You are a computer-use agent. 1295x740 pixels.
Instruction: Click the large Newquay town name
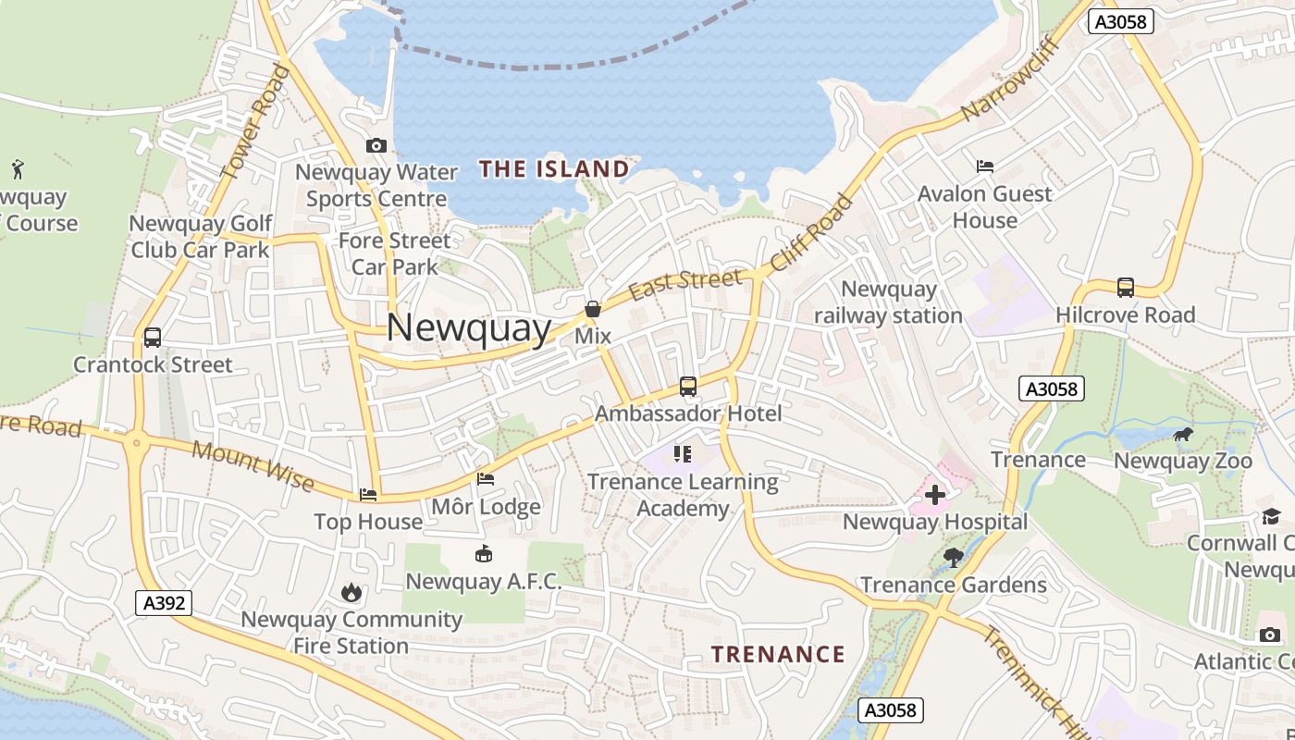[x=468, y=328]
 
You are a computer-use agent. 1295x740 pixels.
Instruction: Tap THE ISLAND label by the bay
[x=554, y=168]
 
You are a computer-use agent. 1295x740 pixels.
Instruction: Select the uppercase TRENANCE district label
[x=778, y=654]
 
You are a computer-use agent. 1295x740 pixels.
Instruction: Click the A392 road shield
[x=165, y=603]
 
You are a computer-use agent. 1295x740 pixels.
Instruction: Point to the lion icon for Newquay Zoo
[x=1182, y=434]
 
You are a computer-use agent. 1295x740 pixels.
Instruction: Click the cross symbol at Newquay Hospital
[x=935, y=495]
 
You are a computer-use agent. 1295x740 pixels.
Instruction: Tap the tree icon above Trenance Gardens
[x=953, y=557]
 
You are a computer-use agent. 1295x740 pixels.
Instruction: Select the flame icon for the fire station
[x=351, y=592]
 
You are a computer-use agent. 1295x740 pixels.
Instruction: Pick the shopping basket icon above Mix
[x=593, y=309]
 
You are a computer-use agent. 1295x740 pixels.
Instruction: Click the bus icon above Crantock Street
[x=153, y=338]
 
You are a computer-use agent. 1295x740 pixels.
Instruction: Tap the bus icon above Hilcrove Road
[x=1125, y=288]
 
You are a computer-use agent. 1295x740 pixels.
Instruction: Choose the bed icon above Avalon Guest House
[x=985, y=166]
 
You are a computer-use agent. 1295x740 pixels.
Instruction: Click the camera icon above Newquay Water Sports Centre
[x=376, y=145]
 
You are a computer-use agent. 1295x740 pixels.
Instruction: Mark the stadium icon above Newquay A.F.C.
[x=483, y=554]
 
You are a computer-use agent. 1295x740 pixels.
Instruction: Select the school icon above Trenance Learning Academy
[x=683, y=453]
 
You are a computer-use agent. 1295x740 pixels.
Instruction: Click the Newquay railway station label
[x=888, y=302]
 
